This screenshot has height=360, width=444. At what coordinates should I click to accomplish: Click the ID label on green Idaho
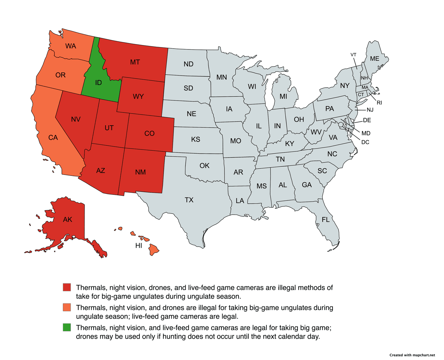[98, 83]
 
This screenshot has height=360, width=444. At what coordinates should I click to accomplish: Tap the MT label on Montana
[135, 62]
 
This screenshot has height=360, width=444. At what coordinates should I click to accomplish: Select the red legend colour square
[67, 287]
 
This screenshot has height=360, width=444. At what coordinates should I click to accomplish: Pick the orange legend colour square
[67, 307]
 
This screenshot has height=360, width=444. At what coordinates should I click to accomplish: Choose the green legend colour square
[67, 327]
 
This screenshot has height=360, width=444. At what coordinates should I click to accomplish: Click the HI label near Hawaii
[139, 246]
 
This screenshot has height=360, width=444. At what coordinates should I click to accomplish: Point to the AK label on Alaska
[67, 219]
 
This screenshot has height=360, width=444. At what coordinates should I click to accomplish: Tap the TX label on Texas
[189, 200]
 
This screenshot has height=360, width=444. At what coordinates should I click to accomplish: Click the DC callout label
[365, 142]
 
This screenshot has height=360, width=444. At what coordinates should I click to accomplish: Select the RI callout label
[379, 103]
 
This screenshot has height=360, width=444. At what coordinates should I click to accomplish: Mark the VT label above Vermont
[353, 55]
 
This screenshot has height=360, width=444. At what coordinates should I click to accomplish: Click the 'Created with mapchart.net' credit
[412, 355]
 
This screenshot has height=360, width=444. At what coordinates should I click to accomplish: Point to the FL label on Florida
[326, 220]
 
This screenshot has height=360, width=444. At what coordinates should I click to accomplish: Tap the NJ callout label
[370, 110]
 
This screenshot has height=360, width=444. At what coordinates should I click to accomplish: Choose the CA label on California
[53, 138]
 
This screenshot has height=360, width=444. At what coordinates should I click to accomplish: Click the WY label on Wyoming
[138, 97]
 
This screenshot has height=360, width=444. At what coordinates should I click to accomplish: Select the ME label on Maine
[374, 59]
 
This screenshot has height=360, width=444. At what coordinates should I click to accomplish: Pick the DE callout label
[367, 120]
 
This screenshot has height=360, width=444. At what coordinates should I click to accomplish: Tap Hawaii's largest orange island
[154, 250]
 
